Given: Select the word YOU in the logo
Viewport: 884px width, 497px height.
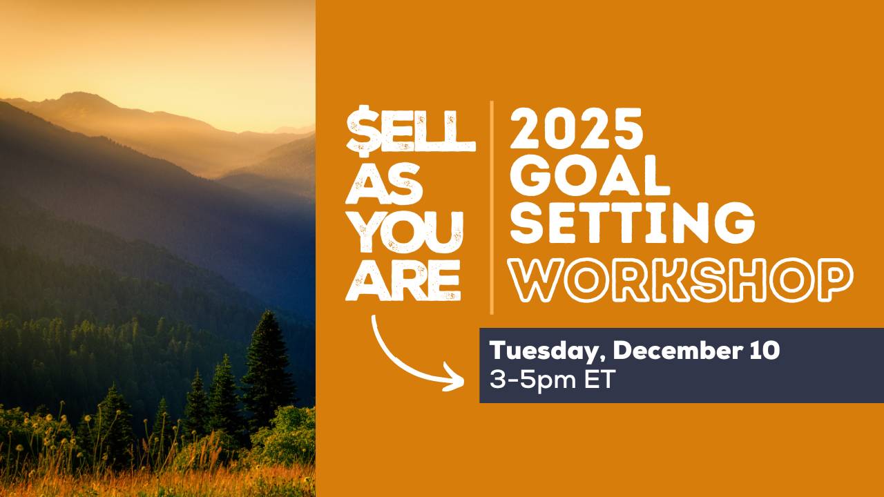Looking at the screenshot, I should pyautogui.click(x=404, y=233).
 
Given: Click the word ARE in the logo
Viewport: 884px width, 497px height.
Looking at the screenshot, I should pyautogui.click(x=403, y=282).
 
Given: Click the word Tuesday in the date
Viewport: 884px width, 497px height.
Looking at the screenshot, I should pyautogui.click(x=541, y=351).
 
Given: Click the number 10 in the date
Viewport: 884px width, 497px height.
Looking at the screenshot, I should pyautogui.click(x=763, y=351).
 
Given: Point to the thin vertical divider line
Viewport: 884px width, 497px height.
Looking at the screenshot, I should pyautogui.click(x=492, y=207).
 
